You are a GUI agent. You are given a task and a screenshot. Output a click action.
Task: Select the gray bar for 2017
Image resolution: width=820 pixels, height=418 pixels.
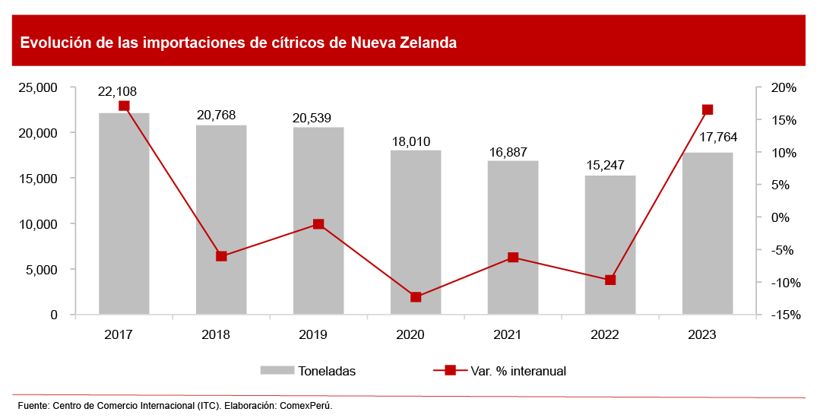coord(124,214)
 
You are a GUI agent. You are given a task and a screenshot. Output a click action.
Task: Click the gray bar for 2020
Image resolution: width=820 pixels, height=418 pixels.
coord(416,232)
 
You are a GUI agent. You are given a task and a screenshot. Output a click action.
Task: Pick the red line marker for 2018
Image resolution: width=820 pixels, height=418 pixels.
coord(221,256)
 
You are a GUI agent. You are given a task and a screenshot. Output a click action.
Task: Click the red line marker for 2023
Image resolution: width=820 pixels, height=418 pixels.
coord(708,109)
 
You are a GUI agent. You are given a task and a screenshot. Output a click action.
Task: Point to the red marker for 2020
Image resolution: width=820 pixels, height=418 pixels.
coord(416,297)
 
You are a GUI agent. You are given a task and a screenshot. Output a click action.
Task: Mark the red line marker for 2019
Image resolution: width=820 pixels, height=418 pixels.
coord(318,224)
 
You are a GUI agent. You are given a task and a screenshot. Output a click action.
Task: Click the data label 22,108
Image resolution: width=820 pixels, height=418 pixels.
coord(117,91)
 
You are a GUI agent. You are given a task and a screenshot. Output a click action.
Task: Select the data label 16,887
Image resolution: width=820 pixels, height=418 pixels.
coord(507,151)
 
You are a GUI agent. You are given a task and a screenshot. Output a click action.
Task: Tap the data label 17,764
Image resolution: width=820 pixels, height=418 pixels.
coord(717,138)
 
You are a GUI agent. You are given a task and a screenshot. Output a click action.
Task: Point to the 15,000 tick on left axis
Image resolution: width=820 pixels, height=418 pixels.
coord(38,179)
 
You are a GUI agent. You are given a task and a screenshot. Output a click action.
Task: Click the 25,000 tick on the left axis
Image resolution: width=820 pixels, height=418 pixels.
coord(38,87)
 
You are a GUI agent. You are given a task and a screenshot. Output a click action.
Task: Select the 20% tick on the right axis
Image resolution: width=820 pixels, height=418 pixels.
coord(784,88)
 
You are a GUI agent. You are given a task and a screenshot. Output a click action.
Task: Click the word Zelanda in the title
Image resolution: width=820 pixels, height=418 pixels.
coord(425,43)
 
